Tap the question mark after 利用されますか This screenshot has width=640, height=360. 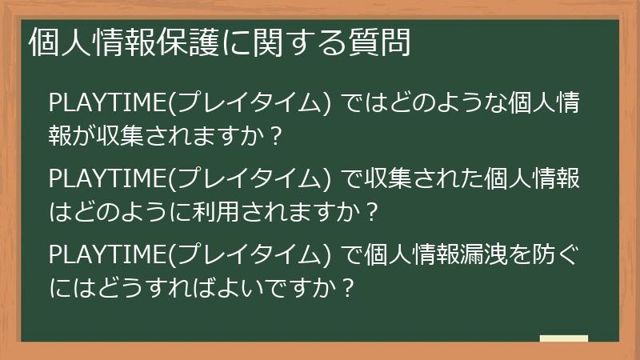[x=370, y=213]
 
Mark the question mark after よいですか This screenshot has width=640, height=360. [x=346, y=288]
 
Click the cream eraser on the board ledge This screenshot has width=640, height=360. [x=564, y=338]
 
